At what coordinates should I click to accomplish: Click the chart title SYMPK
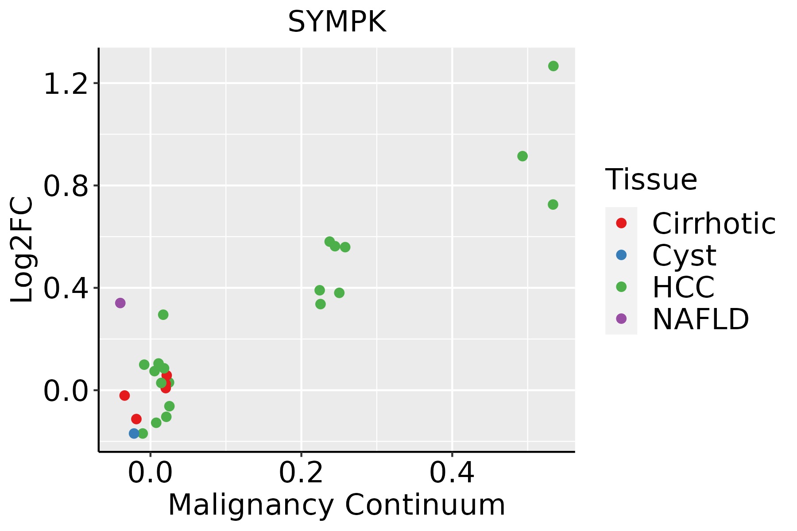337,22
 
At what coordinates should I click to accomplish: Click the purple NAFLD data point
120,303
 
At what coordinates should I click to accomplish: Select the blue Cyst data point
134,433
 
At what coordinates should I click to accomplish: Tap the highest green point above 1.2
553,66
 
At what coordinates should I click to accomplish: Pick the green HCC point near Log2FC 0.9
522,156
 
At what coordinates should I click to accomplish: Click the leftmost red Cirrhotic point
124,395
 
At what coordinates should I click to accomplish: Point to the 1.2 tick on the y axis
66,83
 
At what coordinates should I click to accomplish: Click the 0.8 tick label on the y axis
66,186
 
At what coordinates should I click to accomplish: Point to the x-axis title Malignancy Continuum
337,504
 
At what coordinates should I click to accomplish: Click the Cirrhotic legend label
714,223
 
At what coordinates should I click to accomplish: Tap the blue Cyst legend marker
621,255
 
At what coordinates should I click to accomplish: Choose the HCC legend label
683,287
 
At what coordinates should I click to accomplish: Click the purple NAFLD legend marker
621,318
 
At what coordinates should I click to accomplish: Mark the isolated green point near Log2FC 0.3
163,315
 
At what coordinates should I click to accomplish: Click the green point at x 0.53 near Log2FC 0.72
553,204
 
